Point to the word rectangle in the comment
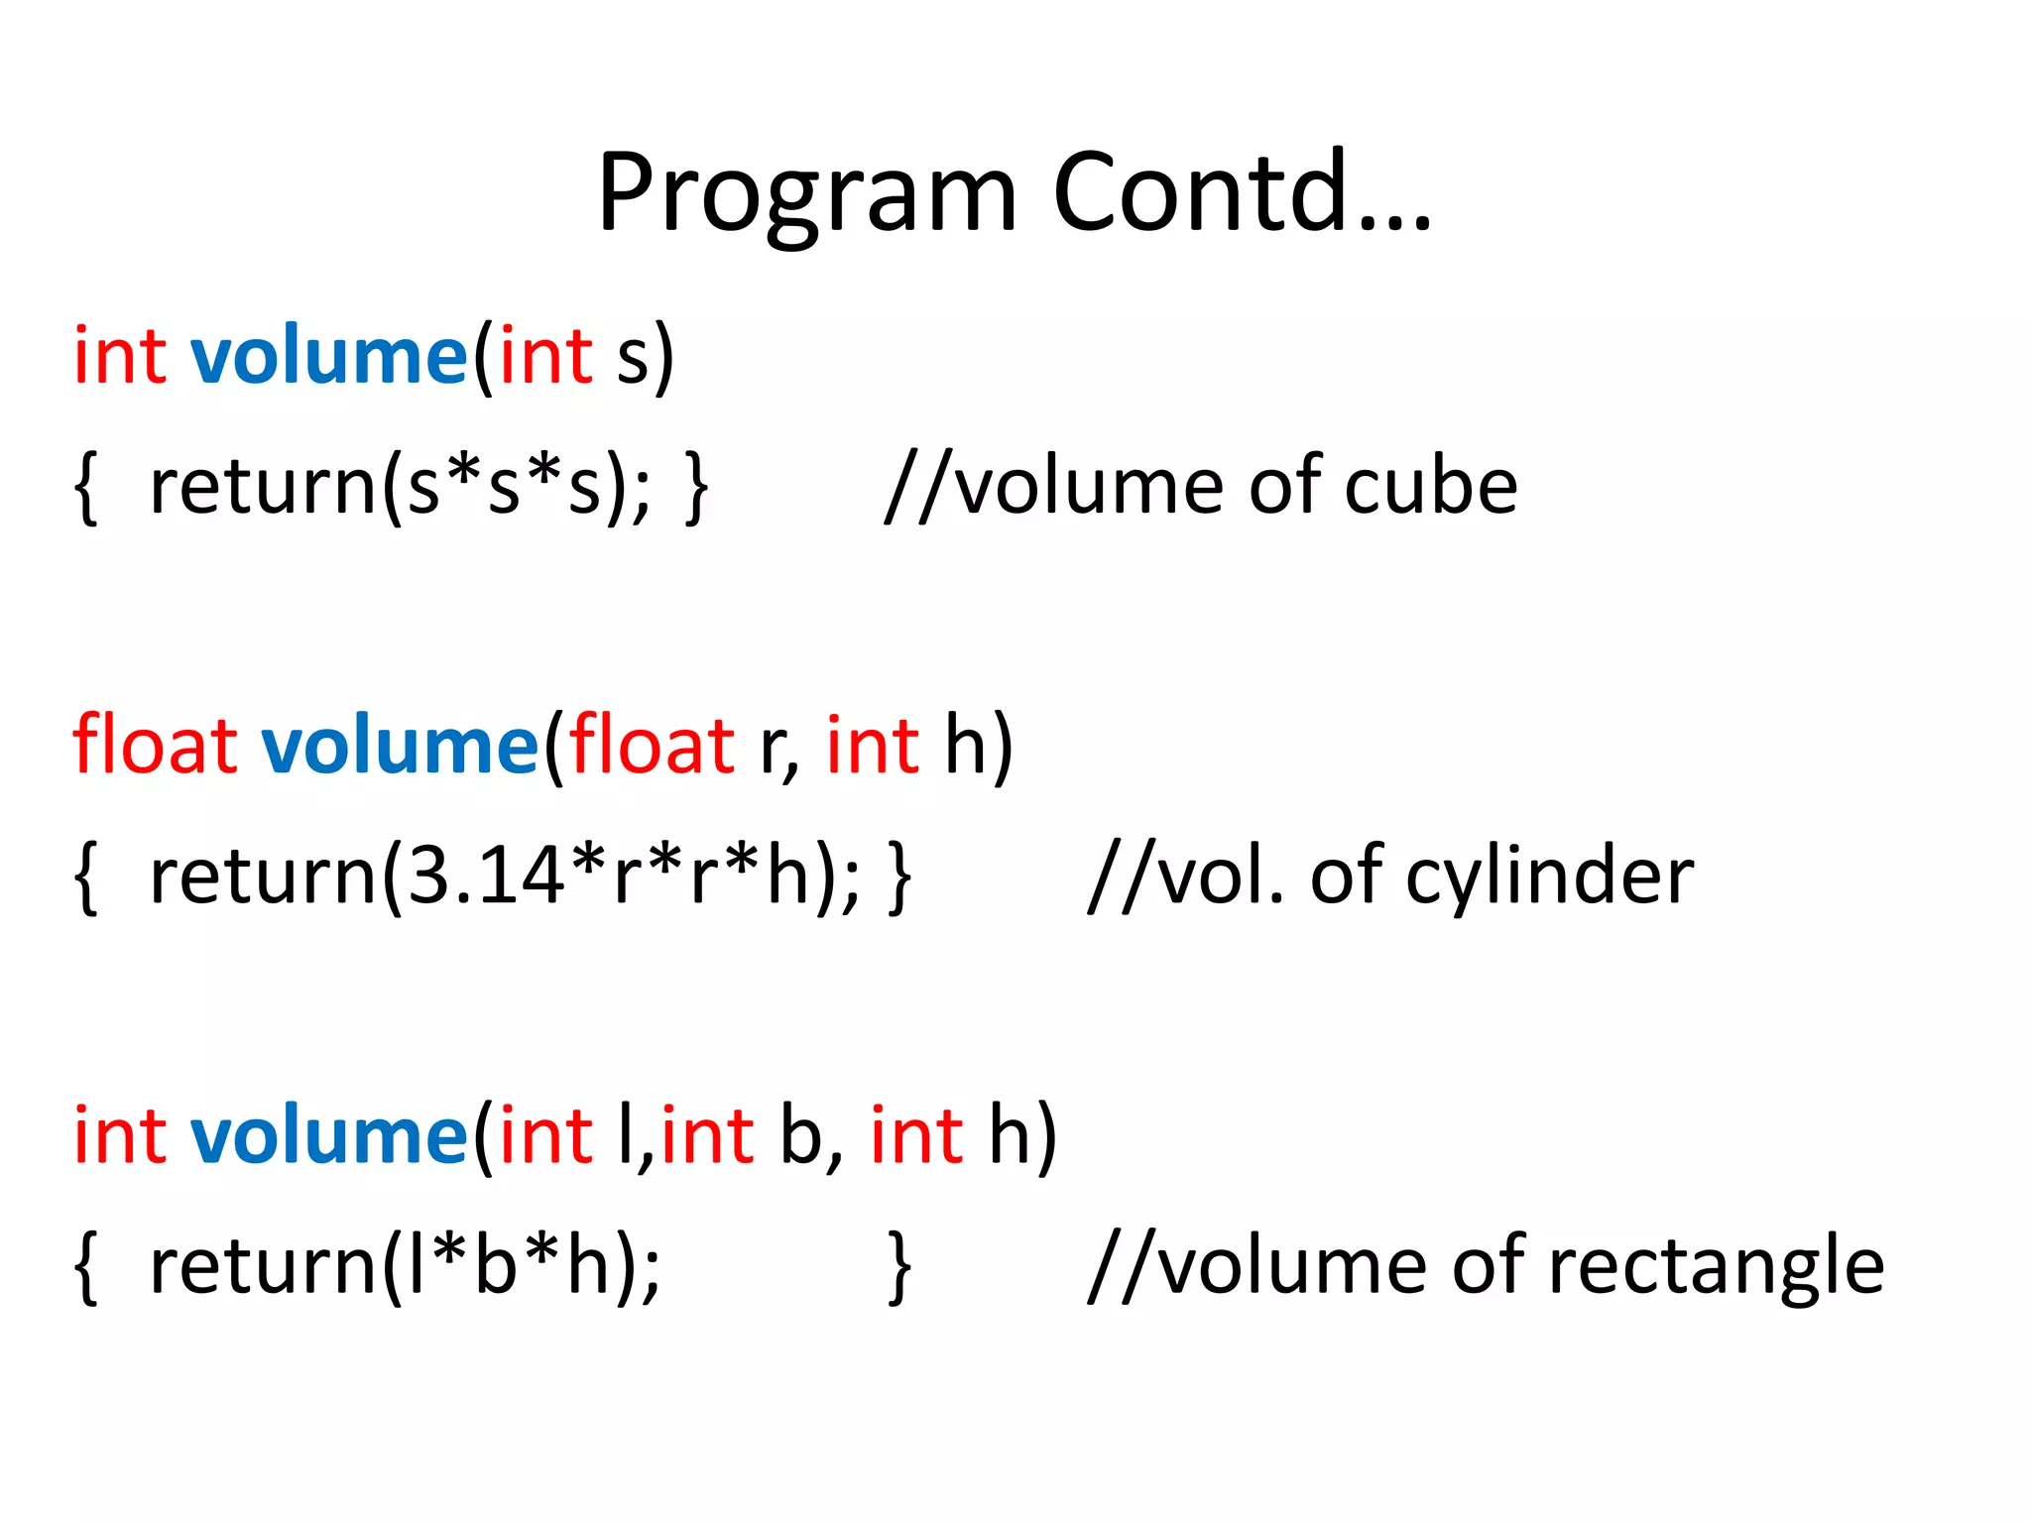pyautogui.click(x=1716, y=1266)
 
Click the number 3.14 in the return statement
pyautogui.click(x=487, y=877)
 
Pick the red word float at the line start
pyautogui.click(x=155, y=745)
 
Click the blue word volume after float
pyautogui.click(x=400, y=747)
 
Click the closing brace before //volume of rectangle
pyautogui.click(x=898, y=1266)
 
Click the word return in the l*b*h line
pyautogui.click(x=263, y=1266)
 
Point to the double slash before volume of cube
pyautogui.click(x=917, y=486)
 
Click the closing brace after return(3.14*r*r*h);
pyautogui.click(x=898, y=877)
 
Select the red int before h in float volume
pyautogui.click(x=872, y=747)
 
